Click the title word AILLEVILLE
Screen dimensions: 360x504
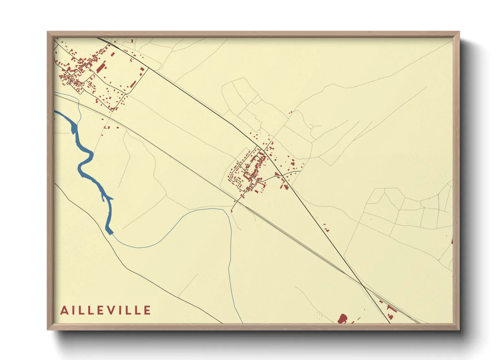pyautogui.click(x=106, y=310)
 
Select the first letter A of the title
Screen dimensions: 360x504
pyautogui.click(x=64, y=310)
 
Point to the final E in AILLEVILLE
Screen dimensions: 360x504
pyautogui.click(x=147, y=310)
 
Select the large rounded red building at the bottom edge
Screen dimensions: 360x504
pyautogui.click(x=342, y=319)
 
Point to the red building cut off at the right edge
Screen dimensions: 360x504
pyautogui.click(x=452, y=241)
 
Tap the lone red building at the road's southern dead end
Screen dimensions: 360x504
pyautogui.click(x=232, y=211)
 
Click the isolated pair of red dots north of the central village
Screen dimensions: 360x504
pyautogui.click(x=291, y=112)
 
